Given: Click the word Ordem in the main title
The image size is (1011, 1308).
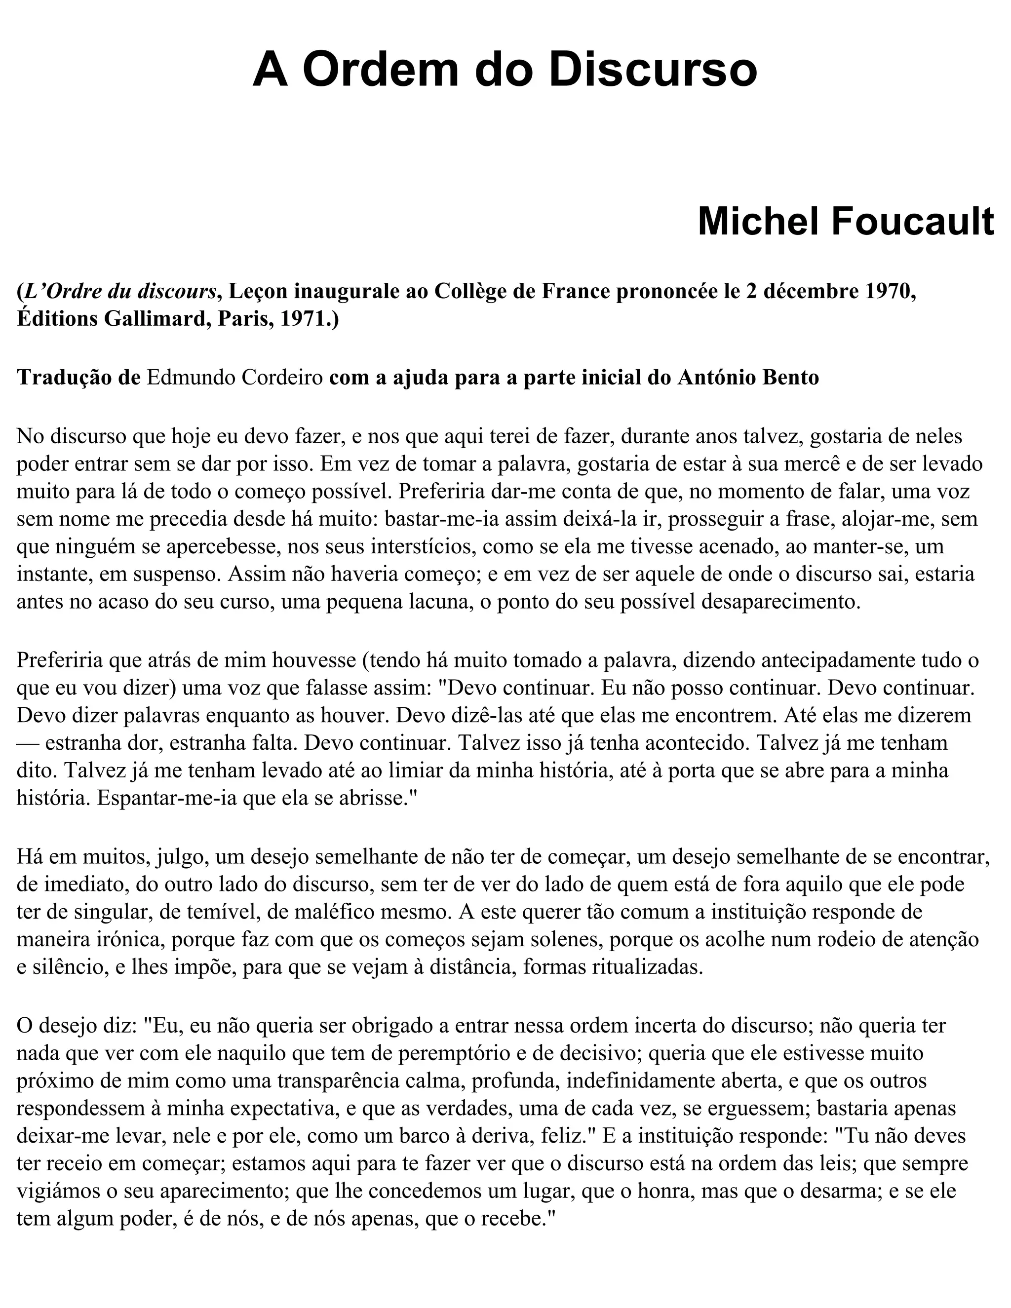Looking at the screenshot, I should click(385, 70).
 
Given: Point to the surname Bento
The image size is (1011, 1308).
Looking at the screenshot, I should click(792, 378).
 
